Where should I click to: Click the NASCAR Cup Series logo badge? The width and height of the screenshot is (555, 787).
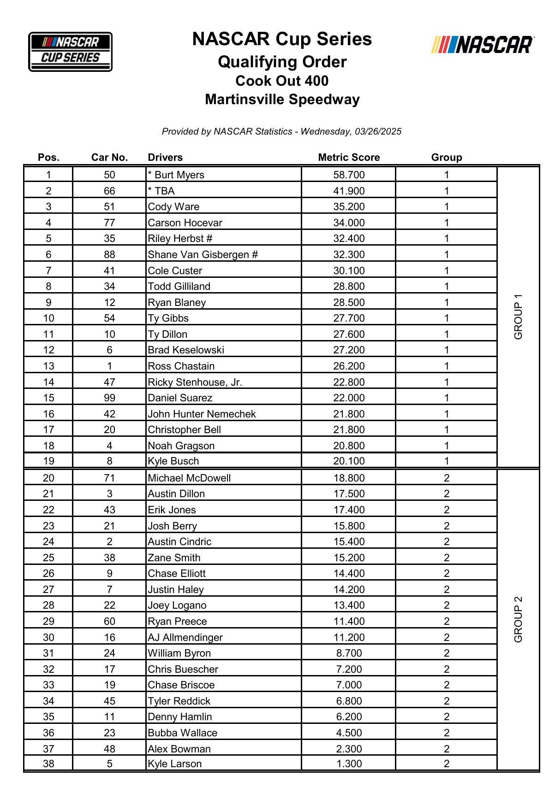pyautogui.click(x=70, y=52)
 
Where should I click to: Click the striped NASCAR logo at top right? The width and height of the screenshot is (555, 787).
pyautogui.click(x=483, y=45)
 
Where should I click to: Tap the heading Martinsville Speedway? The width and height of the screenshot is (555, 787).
pyautogui.click(x=282, y=100)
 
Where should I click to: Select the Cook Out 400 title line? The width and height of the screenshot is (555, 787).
pyautogui.click(x=282, y=81)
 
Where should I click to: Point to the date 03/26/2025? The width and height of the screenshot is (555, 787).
pyautogui.click(x=378, y=132)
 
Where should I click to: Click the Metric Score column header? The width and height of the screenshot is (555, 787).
pyautogui.click(x=349, y=158)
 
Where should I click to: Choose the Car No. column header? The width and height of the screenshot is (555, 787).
pyautogui.click(x=109, y=158)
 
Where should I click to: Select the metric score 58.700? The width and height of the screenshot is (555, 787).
pyautogui.click(x=349, y=175)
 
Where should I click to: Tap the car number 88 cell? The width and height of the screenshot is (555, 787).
pyautogui.click(x=109, y=255)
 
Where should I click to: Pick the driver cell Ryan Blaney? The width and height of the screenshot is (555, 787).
pyautogui.click(x=177, y=303)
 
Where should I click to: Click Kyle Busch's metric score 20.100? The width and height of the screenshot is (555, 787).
pyautogui.click(x=349, y=461)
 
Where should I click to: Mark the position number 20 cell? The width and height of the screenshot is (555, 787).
pyautogui.click(x=48, y=478)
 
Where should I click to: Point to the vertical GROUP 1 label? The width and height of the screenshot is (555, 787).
pyautogui.click(x=518, y=317)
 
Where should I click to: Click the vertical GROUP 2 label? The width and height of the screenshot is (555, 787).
pyautogui.click(x=518, y=620)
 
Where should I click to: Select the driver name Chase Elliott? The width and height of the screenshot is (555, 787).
pyautogui.click(x=177, y=574)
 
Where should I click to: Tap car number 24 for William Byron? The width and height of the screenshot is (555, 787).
pyautogui.click(x=109, y=653)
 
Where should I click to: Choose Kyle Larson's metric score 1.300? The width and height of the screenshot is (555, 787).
pyautogui.click(x=349, y=764)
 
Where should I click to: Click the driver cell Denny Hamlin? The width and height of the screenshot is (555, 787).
pyautogui.click(x=180, y=717)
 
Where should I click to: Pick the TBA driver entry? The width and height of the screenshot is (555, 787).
pyautogui.click(x=164, y=191)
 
